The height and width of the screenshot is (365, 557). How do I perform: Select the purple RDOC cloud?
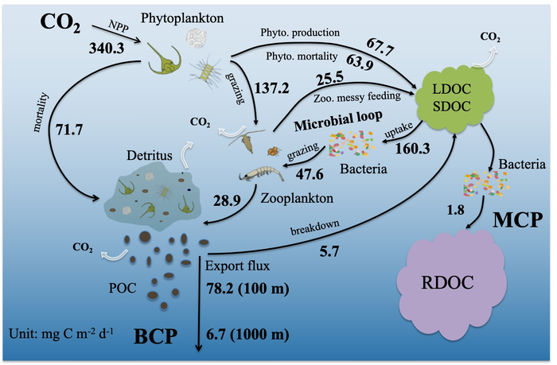pos(450,282)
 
